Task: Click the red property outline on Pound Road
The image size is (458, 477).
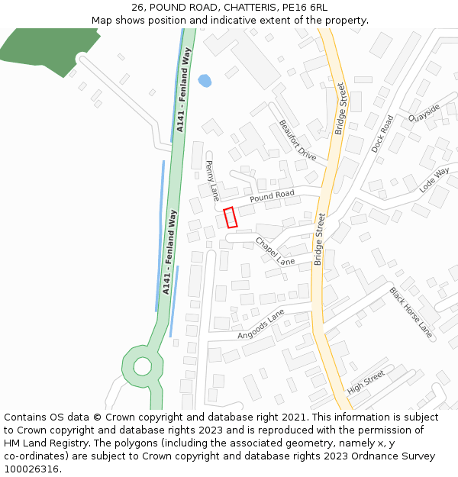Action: tap(231, 218)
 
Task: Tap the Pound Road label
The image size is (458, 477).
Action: tap(272, 196)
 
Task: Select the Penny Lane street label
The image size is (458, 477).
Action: tap(213, 180)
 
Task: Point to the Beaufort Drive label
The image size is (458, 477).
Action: tap(297, 140)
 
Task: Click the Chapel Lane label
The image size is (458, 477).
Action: tap(274, 252)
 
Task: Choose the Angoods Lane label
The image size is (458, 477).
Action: tap(260, 324)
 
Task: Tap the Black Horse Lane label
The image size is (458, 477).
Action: tap(411, 312)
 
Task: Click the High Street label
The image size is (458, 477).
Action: tap(366, 382)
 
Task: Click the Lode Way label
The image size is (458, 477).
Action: tap(434, 180)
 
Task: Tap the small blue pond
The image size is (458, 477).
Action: tap(205, 80)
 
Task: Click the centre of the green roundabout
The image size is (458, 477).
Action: tap(143, 366)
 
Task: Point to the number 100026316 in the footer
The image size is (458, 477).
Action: tap(31, 469)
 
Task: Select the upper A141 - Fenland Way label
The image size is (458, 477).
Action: tap(182, 90)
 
